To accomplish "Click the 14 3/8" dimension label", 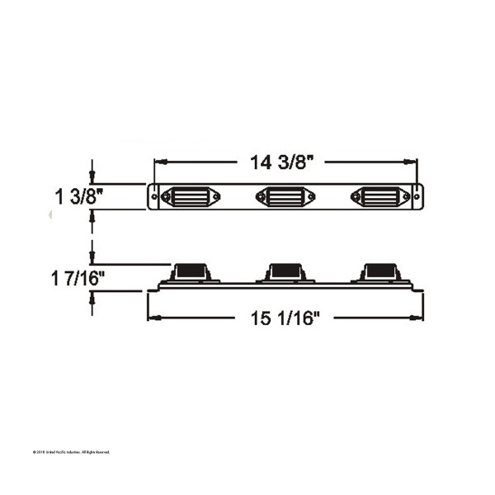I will pyautogui.click(x=283, y=163).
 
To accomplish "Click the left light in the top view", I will pyautogui.click(x=191, y=197).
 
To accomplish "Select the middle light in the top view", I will pyautogui.click(x=285, y=197).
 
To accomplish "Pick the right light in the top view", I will pyautogui.click(x=379, y=197).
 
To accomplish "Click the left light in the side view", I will pyautogui.click(x=191, y=271).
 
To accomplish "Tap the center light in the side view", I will pyautogui.click(x=285, y=271).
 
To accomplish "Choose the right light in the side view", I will pyautogui.click(x=379, y=271).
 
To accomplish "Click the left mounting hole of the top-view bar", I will pyautogui.click(x=155, y=197).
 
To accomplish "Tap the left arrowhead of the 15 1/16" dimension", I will pyautogui.click(x=151, y=318).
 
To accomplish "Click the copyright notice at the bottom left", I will pyautogui.click(x=70, y=452).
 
